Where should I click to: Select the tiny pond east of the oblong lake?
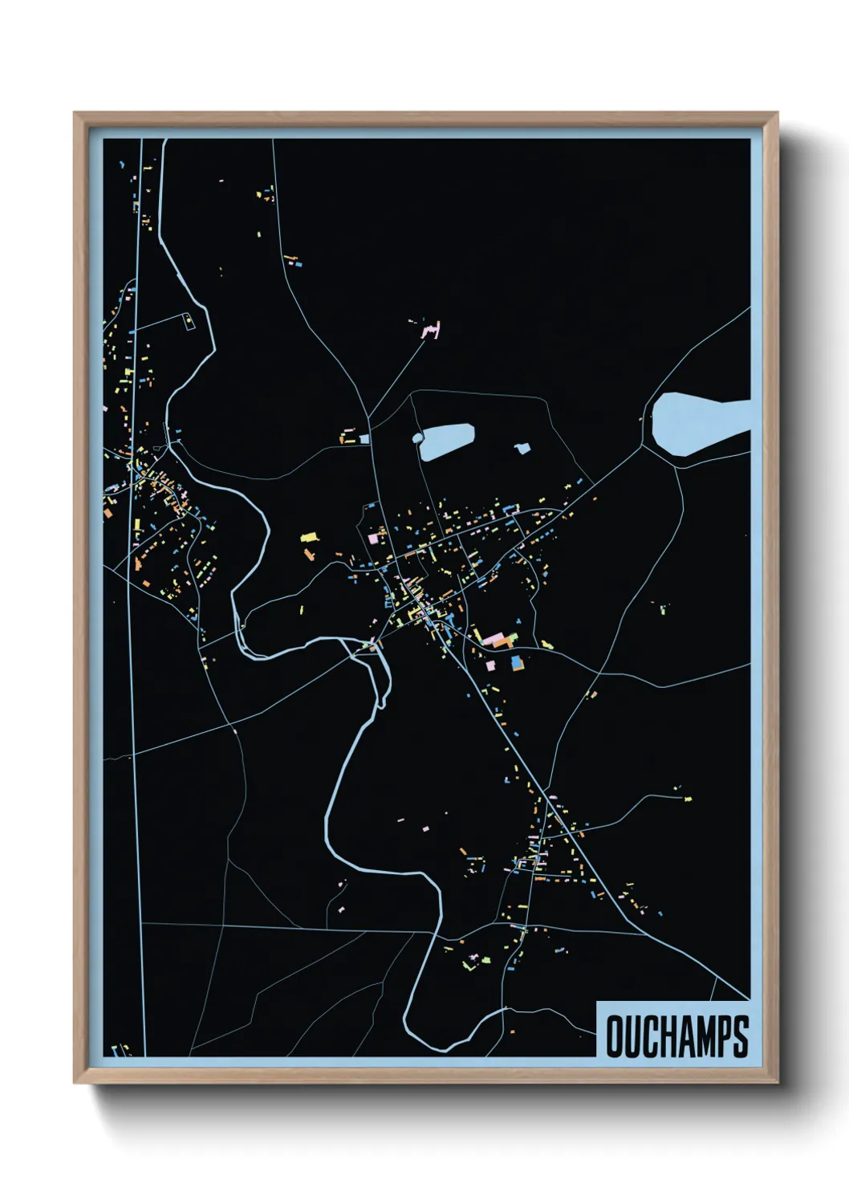pos(522,448)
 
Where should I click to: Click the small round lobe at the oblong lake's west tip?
pos(417,437)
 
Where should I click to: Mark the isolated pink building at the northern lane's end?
pos(432,329)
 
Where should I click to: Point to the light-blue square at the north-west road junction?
pos(364,439)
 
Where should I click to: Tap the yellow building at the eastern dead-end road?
pos(687,798)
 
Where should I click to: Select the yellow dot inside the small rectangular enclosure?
pos(189,323)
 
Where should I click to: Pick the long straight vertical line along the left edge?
pos(136,594)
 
